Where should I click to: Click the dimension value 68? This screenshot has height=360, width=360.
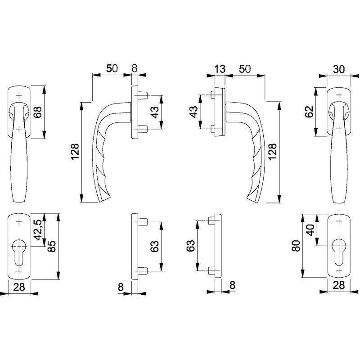pos(38,112)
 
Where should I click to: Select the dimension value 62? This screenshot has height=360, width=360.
pos(310,112)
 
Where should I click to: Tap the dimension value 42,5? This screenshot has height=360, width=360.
pos(38,230)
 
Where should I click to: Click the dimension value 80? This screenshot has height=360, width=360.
pos(297,246)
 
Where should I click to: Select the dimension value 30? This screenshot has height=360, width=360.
pos(339,69)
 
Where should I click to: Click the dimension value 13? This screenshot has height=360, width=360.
pos(220,69)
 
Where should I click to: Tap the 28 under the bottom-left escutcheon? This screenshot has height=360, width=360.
pos(19,287)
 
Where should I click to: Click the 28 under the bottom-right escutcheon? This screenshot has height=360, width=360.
pos(339,285)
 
